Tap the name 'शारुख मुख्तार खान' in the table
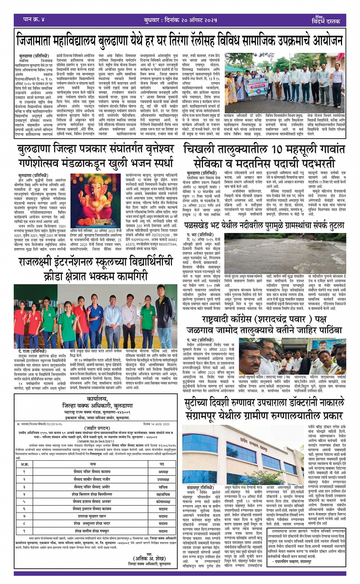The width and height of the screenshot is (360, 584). [91, 516]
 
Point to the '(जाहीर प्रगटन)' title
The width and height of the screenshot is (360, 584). [91, 428]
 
